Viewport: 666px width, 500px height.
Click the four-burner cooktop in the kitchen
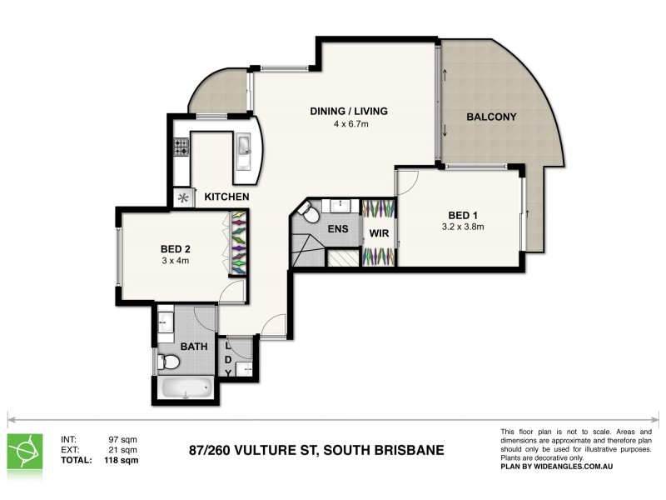[x=181, y=147]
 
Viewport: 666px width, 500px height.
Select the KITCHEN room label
[x=226, y=197]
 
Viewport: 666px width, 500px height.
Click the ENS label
[x=338, y=229]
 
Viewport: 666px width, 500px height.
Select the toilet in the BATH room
[x=169, y=362]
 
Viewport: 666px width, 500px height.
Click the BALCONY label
[x=491, y=117]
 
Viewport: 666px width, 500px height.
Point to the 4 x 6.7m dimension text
[x=350, y=124]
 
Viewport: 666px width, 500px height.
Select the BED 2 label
[x=176, y=247]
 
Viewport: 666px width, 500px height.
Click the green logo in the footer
[x=26, y=450]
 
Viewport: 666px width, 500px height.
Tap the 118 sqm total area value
[x=122, y=459]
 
